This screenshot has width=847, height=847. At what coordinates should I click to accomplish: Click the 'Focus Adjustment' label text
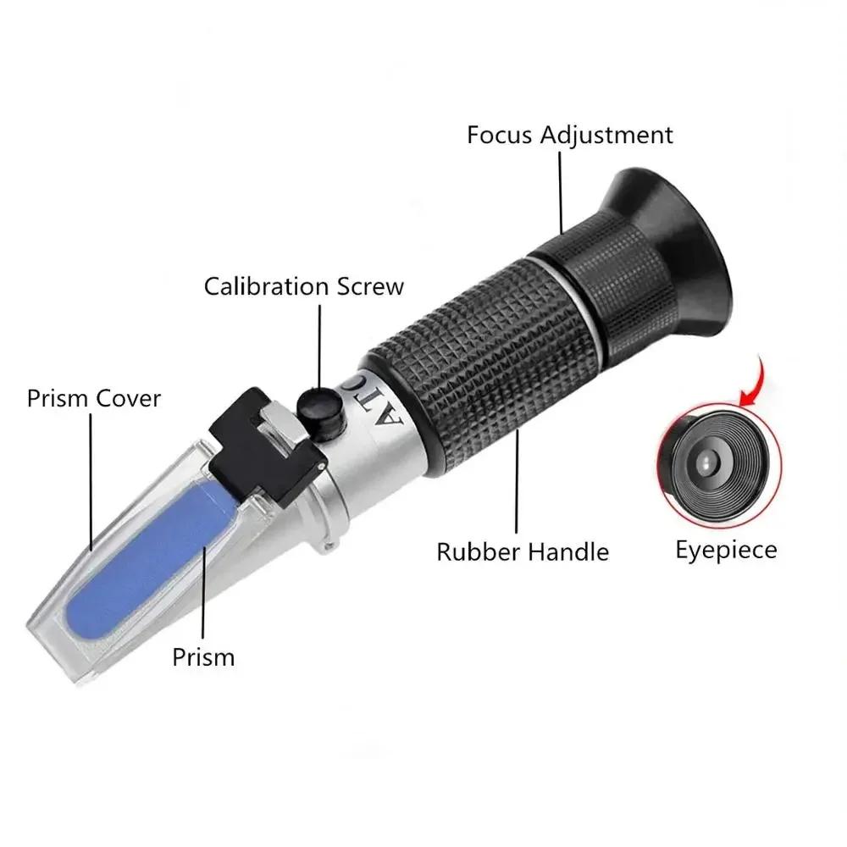pyautogui.click(x=570, y=135)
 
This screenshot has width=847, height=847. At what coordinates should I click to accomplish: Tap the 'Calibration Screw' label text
pyautogui.click(x=304, y=286)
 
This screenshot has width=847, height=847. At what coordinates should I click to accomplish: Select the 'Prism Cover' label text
pyautogui.click(x=93, y=398)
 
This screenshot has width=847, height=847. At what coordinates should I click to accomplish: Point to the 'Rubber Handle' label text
pyautogui.click(x=523, y=551)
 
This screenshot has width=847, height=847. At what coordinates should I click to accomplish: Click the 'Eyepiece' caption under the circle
pyautogui.click(x=726, y=550)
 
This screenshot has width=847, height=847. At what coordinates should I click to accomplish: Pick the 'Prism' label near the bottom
pyautogui.click(x=203, y=656)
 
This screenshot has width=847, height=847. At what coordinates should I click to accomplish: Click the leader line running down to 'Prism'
pyautogui.click(x=204, y=593)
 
